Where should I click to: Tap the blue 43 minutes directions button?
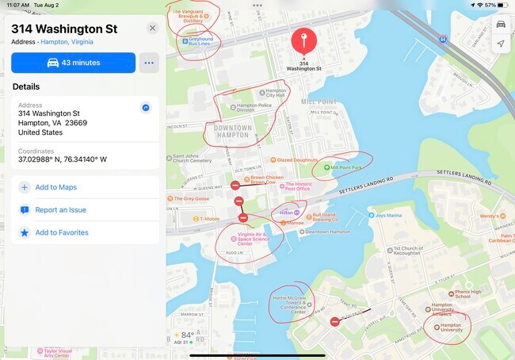(x=73, y=63)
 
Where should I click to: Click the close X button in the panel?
(x=152, y=29)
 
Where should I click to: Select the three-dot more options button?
(x=148, y=63)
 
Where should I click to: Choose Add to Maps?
(x=55, y=187)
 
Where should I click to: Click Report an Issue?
(x=60, y=210)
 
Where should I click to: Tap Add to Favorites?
(x=61, y=232)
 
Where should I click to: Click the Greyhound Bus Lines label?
(x=200, y=40)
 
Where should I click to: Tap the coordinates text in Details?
(x=63, y=159)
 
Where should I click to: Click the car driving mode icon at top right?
(x=500, y=24)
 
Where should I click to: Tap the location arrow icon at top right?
(x=500, y=44)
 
